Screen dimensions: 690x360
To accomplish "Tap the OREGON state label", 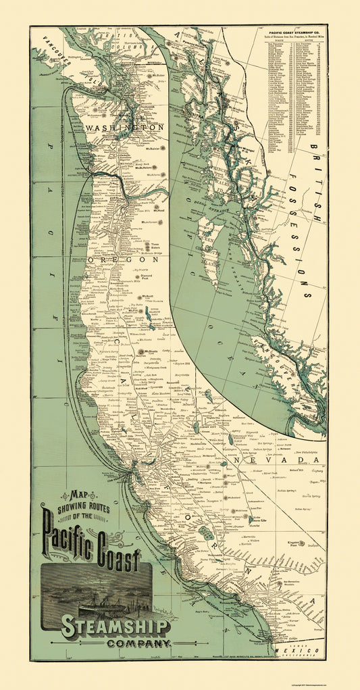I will point(124,259).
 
